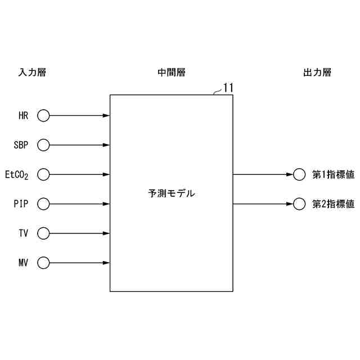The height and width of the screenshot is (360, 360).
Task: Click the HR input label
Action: (x=24, y=116)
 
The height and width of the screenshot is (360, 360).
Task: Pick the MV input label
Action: (x=24, y=263)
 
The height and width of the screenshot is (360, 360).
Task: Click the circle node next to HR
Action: (x=43, y=116)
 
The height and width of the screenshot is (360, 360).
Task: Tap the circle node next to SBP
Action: (x=43, y=145)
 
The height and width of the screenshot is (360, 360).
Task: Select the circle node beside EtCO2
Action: (x=43, y=174)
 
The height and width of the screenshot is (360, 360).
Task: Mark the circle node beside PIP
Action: (x=43, y=204)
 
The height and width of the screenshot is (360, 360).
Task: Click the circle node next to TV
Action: (x=43, y=233)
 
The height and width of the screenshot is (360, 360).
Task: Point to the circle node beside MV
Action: (x=43, y=262)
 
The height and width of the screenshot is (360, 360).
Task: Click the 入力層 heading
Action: (x=31, y=73)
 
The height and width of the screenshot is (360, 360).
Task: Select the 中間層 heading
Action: (x=172, y=73)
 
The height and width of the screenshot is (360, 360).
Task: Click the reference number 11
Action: (x=228, y=87)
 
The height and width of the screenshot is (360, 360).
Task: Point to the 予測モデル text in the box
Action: (x=172, y=193)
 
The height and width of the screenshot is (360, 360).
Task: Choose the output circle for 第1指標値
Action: (x=299, y=174)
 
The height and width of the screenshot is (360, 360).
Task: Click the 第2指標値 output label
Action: (x=333, y=204)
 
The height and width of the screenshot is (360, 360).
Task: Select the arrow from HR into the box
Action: (x=79, y=116)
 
